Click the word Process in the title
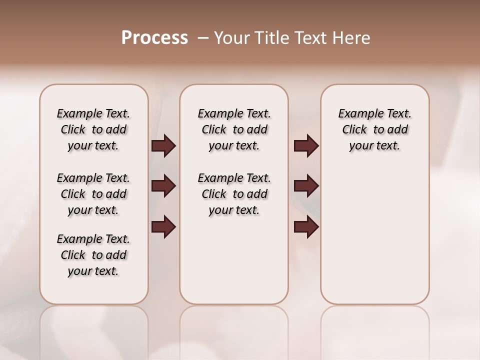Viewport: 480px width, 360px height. click(154, 38)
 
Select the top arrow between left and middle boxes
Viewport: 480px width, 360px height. click(163, 146)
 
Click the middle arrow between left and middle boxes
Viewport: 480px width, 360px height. click(163, 186)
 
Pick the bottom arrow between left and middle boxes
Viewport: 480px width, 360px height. click(163, 226)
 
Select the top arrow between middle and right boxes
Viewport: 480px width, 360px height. click(306, 146)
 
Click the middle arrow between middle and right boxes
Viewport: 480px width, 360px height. click(306, 186)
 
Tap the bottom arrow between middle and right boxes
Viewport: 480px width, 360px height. click(306, 226)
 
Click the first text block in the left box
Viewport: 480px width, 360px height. click(93, 129)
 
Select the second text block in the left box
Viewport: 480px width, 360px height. click(93, 194)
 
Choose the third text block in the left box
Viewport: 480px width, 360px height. click(93, 255)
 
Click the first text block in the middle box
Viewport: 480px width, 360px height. click(234, 129)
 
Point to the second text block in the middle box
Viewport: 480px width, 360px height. click(234, 194)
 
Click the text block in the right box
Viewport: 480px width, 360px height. click(375, 129)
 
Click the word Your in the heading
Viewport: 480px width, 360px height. click(231, 38)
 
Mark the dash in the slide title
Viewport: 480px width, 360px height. click(203, 38)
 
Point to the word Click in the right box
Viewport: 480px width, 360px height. click(354, 130)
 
